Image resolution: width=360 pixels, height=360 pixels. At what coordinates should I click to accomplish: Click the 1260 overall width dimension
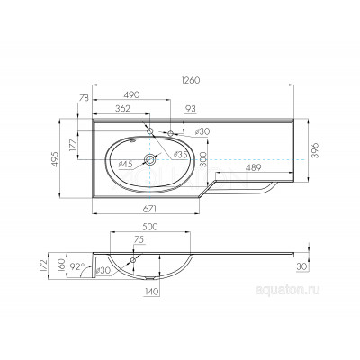click(x=190, y=80)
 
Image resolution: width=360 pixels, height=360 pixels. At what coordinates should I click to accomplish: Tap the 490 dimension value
click(x=131, y=94)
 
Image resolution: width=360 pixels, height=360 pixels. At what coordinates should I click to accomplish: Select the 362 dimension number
click(x=122, y=108)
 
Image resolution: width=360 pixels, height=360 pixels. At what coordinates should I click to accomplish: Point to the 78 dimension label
click(x=84, y=98)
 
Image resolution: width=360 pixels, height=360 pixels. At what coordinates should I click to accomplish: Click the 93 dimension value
click(x=191, y=108)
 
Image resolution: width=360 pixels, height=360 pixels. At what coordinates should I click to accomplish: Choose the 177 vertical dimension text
click(x=73, y=145)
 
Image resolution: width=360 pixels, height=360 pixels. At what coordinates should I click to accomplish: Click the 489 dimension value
click(x=254, y=168)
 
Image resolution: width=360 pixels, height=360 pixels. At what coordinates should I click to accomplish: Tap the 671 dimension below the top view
click(x=149, y=209)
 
